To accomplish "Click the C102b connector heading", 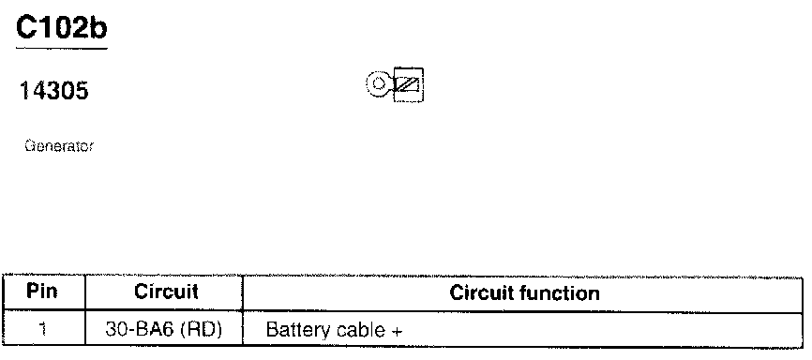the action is tap(62, 27).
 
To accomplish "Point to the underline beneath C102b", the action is tap(62, 49).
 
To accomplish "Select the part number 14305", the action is tap(53, 91).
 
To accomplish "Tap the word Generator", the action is tap(59, 146).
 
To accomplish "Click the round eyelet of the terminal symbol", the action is tap(379, 83).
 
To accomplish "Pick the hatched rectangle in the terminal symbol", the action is tap(409, 84).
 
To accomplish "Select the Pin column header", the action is tap(42, 292).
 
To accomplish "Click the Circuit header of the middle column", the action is tap(166, 292).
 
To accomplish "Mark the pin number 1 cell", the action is tap(43, 329).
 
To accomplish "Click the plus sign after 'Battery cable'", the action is tap(397, 332).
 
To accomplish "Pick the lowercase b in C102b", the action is tap(97, 27).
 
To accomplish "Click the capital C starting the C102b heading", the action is tap(25, 28).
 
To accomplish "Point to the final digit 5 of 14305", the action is tap(82, 91).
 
